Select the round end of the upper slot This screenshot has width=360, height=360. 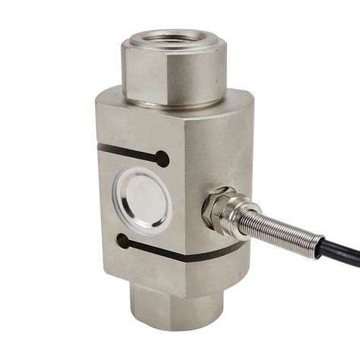click(162, 158)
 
